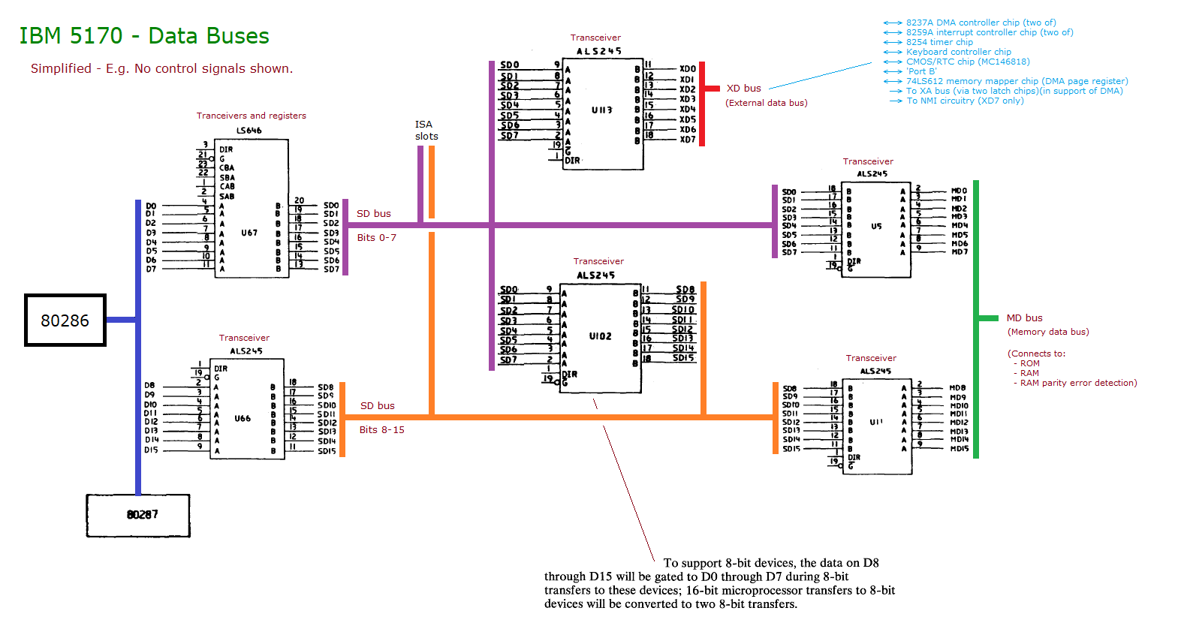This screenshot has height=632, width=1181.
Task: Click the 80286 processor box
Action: (x=65, y=321)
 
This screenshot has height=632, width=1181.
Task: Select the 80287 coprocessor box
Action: (x=138, y=516)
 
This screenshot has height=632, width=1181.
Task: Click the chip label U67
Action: (x=249, y=233)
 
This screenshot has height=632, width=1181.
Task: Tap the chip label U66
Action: (x=243, y=419)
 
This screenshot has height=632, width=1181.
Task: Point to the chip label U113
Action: (x=601, y=110)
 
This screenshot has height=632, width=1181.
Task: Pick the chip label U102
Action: (x=600, y=336)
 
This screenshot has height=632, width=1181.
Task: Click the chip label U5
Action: (x=876, y=226)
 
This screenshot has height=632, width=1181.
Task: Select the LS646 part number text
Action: (x=249, y=131)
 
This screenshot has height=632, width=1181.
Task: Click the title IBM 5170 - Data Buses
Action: (x=144, y=36)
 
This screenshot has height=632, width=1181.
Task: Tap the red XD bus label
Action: (x=743, y=89)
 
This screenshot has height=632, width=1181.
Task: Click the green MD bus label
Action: (x=1024, y=318)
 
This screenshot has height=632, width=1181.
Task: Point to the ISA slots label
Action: (x=426, y=131)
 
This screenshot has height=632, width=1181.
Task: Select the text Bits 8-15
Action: (x=381, y=430)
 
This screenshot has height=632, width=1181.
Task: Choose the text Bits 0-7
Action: (x=376, y=238)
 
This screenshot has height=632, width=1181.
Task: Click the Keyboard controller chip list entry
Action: (x=958, y=52)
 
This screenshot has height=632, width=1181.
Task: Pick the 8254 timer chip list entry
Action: (x=938, y=42)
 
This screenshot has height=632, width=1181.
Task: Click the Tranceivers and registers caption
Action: (x=251, y=116)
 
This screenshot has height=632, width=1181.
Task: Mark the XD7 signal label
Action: (x=688, y=140)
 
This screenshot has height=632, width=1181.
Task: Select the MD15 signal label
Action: (x=959, y=449)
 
